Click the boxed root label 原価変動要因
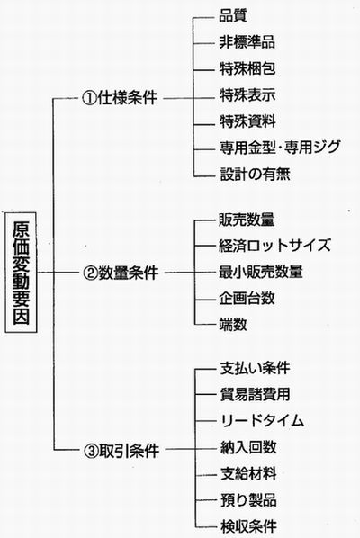[21, 273]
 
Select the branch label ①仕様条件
[120, 98]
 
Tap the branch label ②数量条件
[121, 273]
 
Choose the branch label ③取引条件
[121, 450]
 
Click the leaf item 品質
[233, 16]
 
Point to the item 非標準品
[247, 42]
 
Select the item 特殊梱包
[247, 68]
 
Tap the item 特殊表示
[247, 95]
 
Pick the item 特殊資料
[247, 121]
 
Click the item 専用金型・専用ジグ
[280, 148]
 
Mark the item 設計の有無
[255, 174]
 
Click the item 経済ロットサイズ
[274, 246]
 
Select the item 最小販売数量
[261, 272]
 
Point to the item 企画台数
[247, 298]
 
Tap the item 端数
[233, 324]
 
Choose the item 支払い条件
[255, 368]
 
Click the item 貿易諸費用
[255, 395]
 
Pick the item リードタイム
[262, 421]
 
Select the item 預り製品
[248, 500]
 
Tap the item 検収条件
[248, 526]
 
